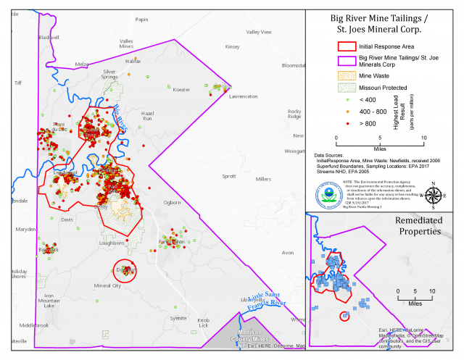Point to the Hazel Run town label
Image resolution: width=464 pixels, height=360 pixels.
148,117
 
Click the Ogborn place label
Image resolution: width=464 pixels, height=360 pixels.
173,202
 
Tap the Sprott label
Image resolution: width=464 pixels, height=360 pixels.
229,175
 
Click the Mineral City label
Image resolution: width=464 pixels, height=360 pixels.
107,285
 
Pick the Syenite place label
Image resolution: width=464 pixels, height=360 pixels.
178,318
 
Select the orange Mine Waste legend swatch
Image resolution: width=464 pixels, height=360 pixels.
347,75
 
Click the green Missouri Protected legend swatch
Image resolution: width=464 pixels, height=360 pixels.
347,88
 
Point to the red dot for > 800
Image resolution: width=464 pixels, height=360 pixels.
347,125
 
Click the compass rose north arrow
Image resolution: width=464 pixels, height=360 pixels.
434,193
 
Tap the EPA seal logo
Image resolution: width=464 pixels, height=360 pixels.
328,195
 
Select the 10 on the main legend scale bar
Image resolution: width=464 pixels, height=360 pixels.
423,137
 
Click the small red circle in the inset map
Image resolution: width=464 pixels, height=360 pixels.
344,315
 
